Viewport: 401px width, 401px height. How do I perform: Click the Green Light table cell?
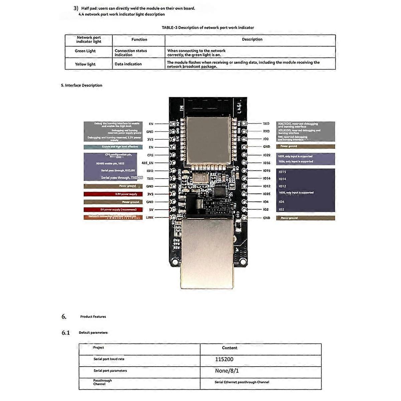pyautogui.click(x=85, y=51)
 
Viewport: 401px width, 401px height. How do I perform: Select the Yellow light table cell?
pyautogui.click(x=85, y=64)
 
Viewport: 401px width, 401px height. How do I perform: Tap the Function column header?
pyautogui.click(x=139, y=39)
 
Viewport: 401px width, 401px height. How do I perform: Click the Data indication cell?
pyautogui.click(x=128, y=64)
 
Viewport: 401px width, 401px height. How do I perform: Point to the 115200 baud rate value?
pyautogui.click(x=224, y=359)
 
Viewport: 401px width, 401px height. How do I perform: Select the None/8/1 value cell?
pyautogui.click(x=227, y=371)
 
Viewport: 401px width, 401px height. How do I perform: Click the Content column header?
pyautogui.click(x=230, y=348)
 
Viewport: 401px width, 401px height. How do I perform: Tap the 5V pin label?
pyautogui.click(x=151, y=210)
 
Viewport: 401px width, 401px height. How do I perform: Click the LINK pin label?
pyautogui.click(x=150, y=218)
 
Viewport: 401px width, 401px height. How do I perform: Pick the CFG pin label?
pyautogui.click(x=150, y=155)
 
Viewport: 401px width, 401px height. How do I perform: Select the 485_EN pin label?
pyautogui.click(x=147, y=163)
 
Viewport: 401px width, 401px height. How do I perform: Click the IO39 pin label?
pyautogui.click(x=266, y=155)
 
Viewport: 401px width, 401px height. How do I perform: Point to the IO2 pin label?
pyautogui.click(x=266, y=210)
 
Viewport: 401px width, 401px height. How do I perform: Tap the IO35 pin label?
pyautogui.click(x=266, y=194)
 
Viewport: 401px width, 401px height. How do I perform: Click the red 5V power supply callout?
pyautogui.click(x=113, y=210)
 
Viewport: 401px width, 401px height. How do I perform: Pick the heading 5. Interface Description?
pyautogui.click(x=82, y=85)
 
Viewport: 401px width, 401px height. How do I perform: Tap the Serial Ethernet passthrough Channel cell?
pyautogui.click(x=242, y=382)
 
